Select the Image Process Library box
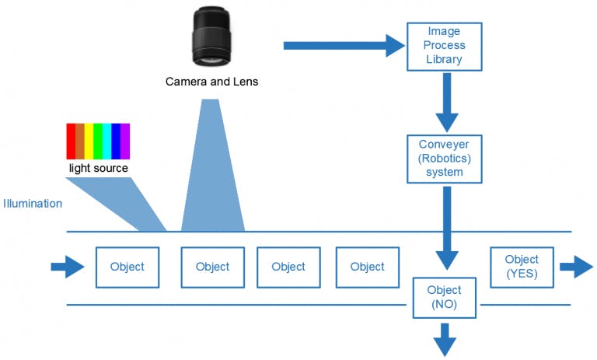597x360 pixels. click(x=445, y=47)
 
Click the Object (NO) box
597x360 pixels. click(x=445, y=298)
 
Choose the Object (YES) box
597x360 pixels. click(x=522, y=267)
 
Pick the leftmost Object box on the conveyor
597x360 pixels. click(x=127, y=267)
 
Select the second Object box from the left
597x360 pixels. click(x=212, y=267)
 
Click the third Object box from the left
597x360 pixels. click(x=288, y=267)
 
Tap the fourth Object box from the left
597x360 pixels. click(x=368, y=267)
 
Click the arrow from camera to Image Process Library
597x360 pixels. click(x=342, y=46)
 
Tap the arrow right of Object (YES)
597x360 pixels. click(x=576, y=267)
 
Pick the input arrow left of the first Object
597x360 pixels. click(x=68, y=267)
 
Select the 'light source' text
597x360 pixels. click(x=99, y=168)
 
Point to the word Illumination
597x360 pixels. click(x=33, y=204)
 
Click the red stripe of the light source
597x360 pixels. click(x=71, y=142)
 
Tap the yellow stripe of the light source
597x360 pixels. click(x=89, y=142)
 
